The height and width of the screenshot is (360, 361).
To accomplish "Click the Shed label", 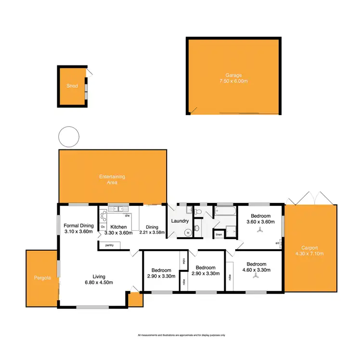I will pyautogui.click(x=72, y=86).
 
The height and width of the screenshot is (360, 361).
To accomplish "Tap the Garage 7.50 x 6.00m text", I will pyautogui.click(x=234, y=81).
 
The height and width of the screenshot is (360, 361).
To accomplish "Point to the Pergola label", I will pyautogui.click(x=41, y=278).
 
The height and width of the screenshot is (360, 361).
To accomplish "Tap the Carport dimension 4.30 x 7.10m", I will pyautogui.click(x=309, y=253).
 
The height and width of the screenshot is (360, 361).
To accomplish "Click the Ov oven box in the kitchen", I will pyautogui.click(x=103, y=227).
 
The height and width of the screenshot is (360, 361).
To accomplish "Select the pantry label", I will pyautogui.click(x=109, y=245).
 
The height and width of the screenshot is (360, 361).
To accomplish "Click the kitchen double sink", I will pyautogui.click(x=116, y=209).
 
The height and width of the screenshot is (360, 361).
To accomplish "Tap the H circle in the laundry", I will pyautogui.click(x=188, y=232).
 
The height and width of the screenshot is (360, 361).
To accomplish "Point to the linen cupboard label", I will pyautogui.click(x=219, y=235).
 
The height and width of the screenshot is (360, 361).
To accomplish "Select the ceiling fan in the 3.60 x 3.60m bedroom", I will pyautogui.click(x=260, y=230).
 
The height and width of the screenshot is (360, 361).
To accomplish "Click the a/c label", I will pyautogui.click(x=278, y=243).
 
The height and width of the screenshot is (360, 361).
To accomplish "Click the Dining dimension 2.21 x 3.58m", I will pyautogui.click(x=152, y=232).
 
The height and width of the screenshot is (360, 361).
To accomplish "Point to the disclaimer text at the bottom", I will pyautogui.click(x=181, y=335).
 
